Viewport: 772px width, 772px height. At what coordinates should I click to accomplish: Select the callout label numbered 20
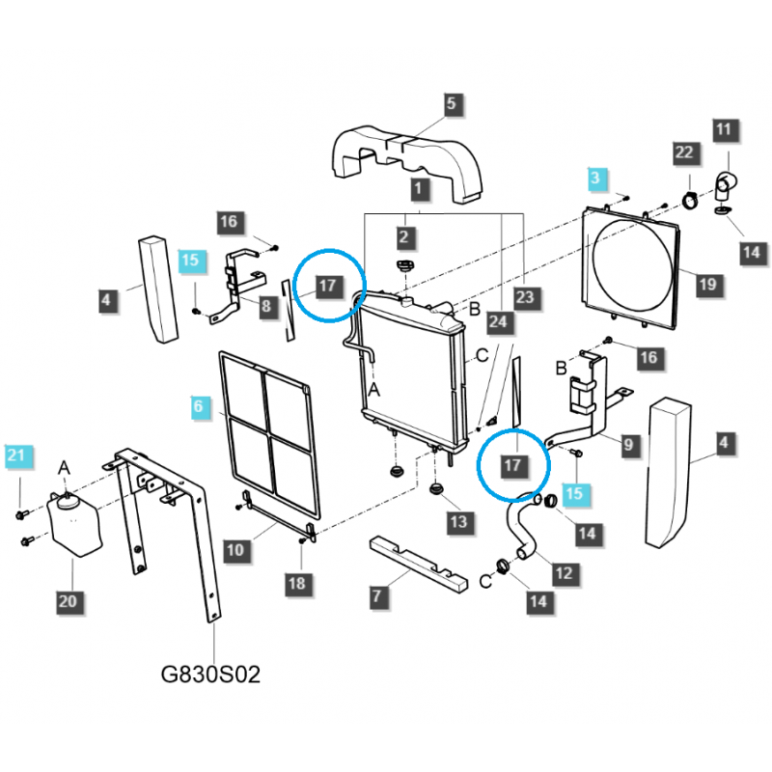[x=68, y=601]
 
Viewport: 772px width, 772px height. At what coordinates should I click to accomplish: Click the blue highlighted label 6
[x=199, y=407]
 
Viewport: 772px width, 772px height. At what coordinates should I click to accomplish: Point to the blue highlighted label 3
[x=595, y=178]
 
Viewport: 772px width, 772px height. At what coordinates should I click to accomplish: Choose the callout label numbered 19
[x=707, y=284]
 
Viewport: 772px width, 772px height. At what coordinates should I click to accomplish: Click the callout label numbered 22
[x=684, y=152]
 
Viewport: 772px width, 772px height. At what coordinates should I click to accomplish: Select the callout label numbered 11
[x=725, y=128]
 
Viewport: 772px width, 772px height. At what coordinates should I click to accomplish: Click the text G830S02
[x=210, y=674]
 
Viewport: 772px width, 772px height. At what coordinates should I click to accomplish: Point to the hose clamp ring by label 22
[x=692, y=201]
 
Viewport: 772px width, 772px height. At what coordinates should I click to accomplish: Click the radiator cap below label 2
[x=405, y=266]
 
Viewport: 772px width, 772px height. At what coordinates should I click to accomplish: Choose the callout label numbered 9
[x=628, y=445]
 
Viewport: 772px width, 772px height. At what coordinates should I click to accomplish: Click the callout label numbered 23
[x=524, y=298]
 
